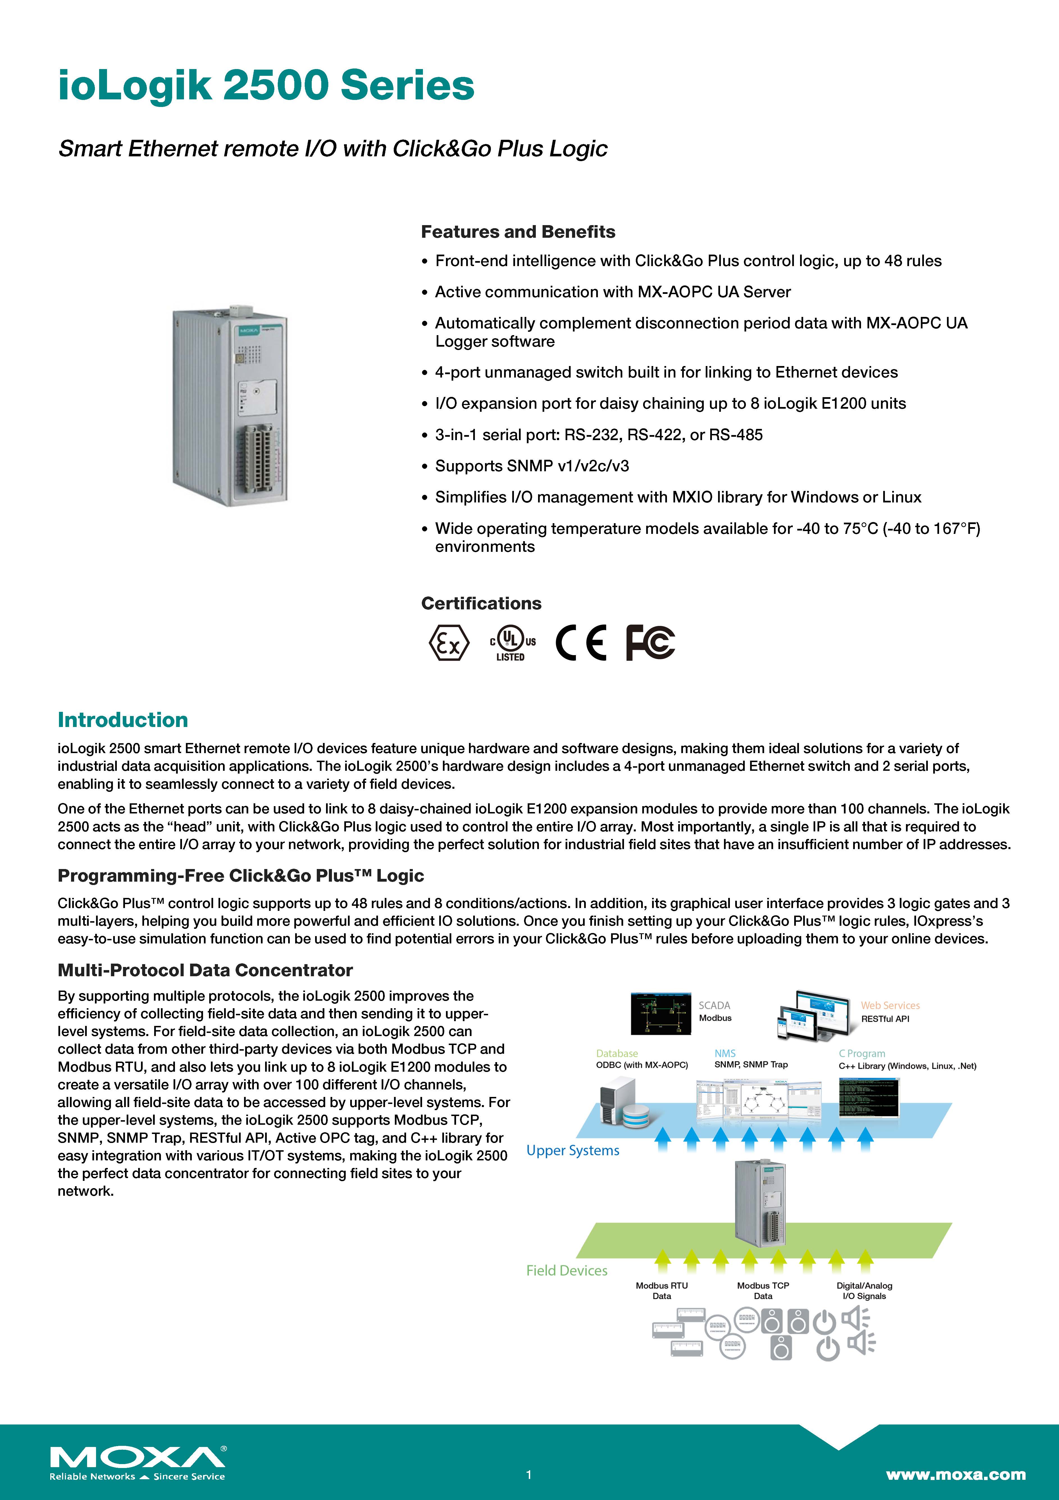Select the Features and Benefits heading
(x=518, y=232)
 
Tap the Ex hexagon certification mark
(x=449, y=643)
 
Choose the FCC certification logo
(x=650, y=643)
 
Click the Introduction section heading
(x=123, y=720)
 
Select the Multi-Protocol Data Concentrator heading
(x=205, y=970)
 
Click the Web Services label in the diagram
(x=890, y=1005)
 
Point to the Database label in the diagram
(x=616, y=1053)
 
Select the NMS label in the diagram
(x=725, y=1053)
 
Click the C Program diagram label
(x=862, y=1053)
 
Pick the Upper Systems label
(x=573, y=1151)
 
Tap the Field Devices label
(x=567, y=1270)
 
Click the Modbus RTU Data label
(x=662, y=1290)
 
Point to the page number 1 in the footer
(x=529, y=1474)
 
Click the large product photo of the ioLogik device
(x=230, y=405)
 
